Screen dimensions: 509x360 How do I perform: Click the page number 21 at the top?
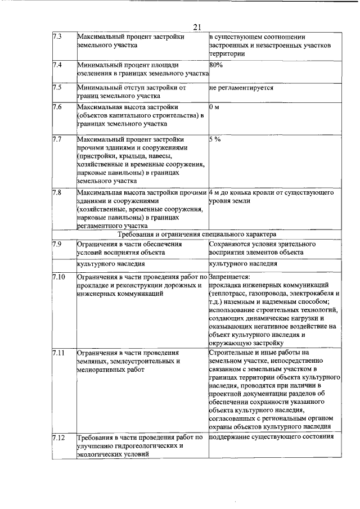pos(197,27)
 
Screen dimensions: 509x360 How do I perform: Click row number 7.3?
pos(56,37)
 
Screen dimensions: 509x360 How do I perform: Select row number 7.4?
pos(56,65)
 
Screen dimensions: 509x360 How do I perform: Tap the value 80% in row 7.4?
pos(215,65)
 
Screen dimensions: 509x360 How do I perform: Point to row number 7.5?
pos(56,88)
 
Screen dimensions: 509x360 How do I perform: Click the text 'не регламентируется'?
pos(241,88)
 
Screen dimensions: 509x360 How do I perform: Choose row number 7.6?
pos(56,107)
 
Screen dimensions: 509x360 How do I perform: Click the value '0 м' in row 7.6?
pos(214,107)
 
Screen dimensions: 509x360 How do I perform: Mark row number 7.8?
pos(56,192)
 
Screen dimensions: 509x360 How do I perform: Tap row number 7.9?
pos(56,244)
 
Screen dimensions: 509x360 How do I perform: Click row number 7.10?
pos(58,277)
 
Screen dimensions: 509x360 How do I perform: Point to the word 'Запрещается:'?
pos(229,277)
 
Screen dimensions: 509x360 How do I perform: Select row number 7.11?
pos(58,353)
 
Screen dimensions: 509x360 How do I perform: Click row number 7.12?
pos(58,437)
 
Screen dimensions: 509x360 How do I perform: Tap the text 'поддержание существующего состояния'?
pos(271,437)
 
